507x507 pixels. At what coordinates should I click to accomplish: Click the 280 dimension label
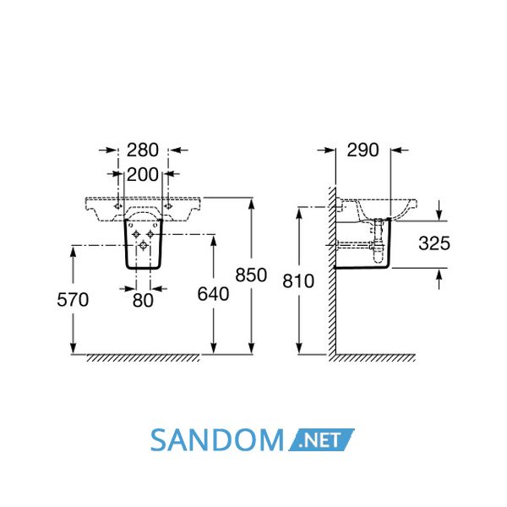142,150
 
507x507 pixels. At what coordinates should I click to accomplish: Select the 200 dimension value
142,175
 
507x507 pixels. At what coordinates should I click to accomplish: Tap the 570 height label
73,300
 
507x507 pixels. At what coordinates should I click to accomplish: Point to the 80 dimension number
143,301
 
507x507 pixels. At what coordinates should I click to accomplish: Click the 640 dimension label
214,294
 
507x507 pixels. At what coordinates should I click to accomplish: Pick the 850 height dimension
251,275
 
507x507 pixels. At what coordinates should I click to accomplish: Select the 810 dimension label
298,281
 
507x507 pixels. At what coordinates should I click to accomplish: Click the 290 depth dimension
363,150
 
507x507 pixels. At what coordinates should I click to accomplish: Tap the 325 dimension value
434,243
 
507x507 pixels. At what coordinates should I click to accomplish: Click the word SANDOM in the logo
217,440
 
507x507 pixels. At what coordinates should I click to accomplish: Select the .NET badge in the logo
321,440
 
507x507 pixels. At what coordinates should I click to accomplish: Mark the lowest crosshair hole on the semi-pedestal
144,246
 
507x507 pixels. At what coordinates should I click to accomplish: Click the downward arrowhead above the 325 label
439,215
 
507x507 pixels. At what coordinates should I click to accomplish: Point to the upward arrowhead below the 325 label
439,275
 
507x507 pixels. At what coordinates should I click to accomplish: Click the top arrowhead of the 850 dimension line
251,204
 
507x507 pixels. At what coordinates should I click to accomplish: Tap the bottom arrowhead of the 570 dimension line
73,348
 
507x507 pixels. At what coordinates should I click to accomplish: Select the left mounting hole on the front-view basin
118,206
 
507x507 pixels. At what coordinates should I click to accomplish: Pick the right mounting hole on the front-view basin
168,206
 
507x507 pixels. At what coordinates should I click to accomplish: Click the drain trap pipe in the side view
377,241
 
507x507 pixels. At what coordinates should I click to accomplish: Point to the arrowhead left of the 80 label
129,288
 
